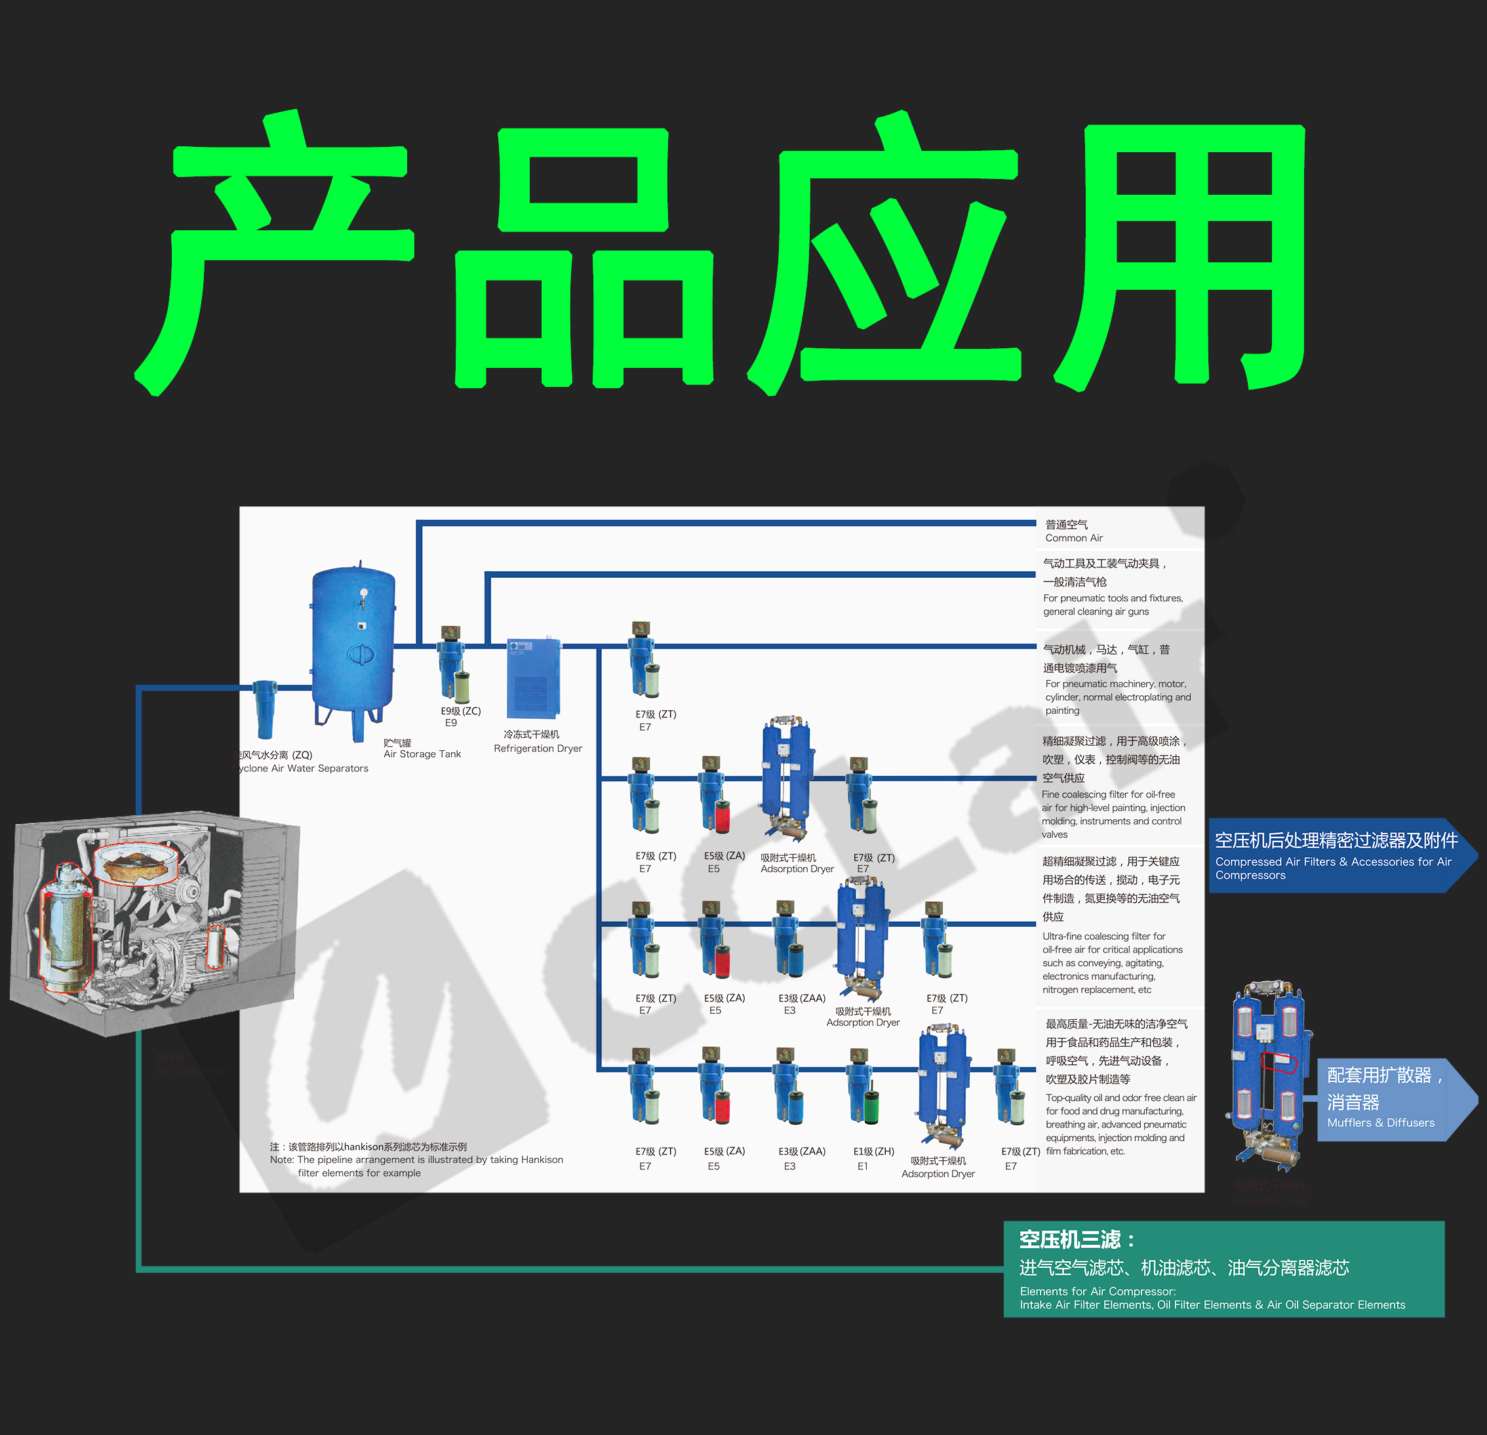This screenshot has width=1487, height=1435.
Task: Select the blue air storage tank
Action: (353, 645)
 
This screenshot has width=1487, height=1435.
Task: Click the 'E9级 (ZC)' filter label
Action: (460, 711)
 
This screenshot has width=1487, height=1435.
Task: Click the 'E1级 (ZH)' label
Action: (873, 1151)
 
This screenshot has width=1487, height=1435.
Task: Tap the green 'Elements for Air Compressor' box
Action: (1223, 1269)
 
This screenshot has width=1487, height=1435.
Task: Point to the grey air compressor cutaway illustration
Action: (151, 922)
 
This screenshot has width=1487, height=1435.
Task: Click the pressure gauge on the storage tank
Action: (364, 594)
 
